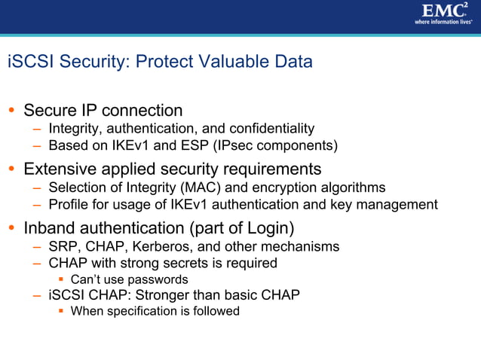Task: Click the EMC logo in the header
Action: click(x=441, y=10)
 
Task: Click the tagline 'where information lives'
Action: click(x=442, y=22)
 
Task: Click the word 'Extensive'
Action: click(x=60, y=168)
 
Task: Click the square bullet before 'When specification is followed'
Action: click(x=63, y=311)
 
